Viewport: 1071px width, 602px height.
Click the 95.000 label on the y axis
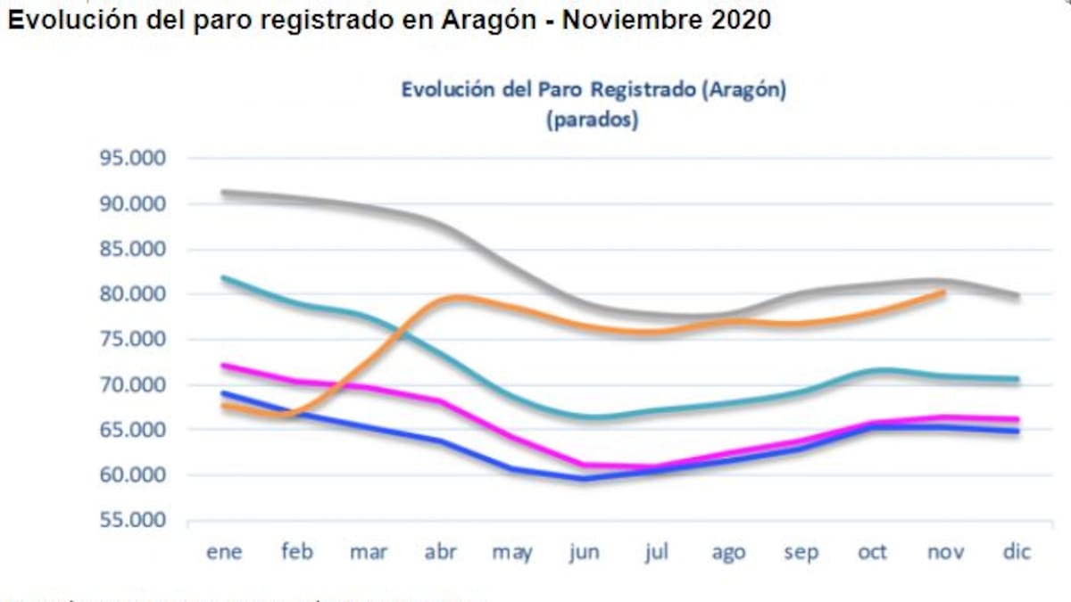pyautogui.click(x=132, y=159)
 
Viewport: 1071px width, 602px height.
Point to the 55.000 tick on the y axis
pyautogui.click(x=132, y=521)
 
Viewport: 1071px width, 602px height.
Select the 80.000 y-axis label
pyautogui.click(x=132, y=294)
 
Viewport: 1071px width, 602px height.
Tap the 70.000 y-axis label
pyautogui.click(x=132, y=385)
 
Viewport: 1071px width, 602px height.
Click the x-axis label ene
pyautogui.click(x=224, y=552)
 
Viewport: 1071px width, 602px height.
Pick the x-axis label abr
pyautogui.click(x=440, y=552)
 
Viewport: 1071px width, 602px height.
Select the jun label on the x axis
pyautogui.click(x=584, y=552)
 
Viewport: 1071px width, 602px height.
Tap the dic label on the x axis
pyautogui.click(x=1017, y=552)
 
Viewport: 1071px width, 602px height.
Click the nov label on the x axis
pyautogui.click(x=944, y=552)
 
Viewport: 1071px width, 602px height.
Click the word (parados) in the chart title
pyautogui.click(x=593, y=120)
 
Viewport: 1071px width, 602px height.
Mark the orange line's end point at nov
pyautogui.click(x=944, y=292)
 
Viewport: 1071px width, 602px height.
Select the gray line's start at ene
pyautogui.click(x=224, y=192)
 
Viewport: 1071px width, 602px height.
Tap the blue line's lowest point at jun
pyautogui.click(x=584, y=478)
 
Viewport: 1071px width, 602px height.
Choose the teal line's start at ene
pyautogui.click(x=224, y=277)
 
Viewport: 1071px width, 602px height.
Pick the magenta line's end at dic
pyautogui.click(x=1017, y=419)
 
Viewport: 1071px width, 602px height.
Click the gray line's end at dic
pyautogui.click(x=1017, y=296)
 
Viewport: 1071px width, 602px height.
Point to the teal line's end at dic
pyautogui.click(x=1017, y=379)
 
